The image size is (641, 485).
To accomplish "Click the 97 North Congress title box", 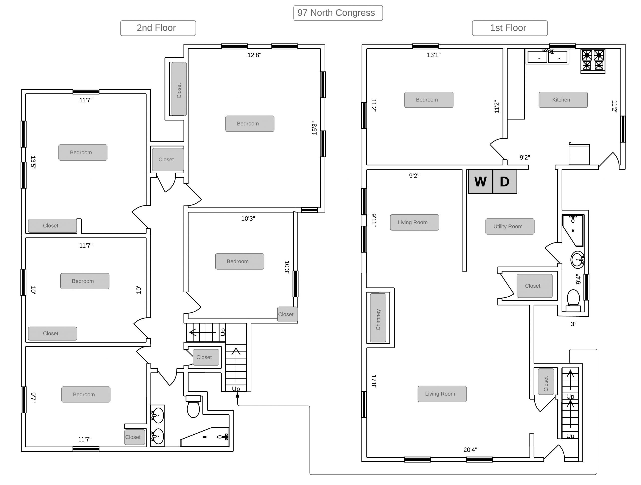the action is [x=338, y=13].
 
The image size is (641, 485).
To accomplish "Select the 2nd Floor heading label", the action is [x=158, y=28].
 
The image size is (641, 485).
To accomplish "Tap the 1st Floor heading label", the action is [x=510, y=28].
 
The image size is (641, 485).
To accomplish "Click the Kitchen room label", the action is [x=563, y=100].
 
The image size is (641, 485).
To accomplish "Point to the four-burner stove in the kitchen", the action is [x=593, y=61].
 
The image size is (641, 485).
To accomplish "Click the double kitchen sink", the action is [x=547, y=57].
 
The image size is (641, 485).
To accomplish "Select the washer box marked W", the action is [x=480, y=181].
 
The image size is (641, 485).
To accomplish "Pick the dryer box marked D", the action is [x=505, y=181].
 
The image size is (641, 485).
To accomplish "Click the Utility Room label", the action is [x=510, y=226].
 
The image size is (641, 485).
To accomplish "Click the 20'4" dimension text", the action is [x=470, y=450].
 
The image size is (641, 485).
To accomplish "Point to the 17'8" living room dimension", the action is [x=374, y=381].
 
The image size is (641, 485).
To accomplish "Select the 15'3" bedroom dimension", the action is [x=314, y=128].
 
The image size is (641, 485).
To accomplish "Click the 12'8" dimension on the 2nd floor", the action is [x=254, y=55].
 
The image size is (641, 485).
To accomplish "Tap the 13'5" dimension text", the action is [x=33, y=162].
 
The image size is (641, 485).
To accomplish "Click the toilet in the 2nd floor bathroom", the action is [x=193, y=407].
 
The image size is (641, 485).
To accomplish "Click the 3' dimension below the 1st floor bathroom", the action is [x=573, y=324].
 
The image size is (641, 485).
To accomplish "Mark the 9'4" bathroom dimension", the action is [x=578, y=279].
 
